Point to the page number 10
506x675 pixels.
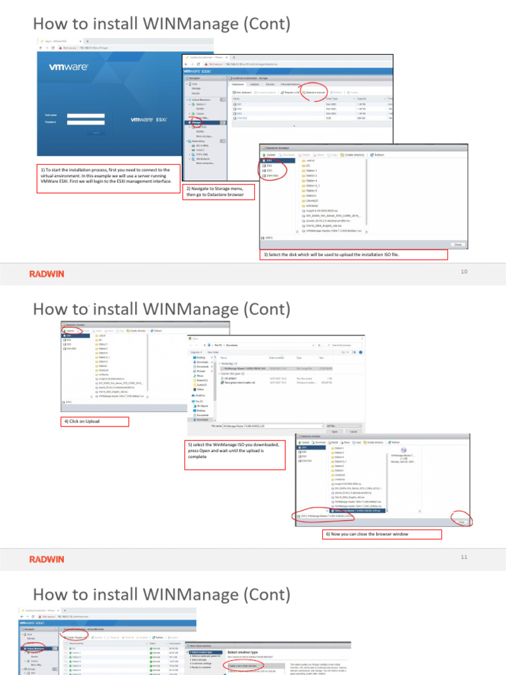[x=463, y=272]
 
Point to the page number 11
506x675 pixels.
[x=463, y=557]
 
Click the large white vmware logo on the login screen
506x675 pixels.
[x=69, y=67]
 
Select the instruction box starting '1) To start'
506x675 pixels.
[x=108, y=175]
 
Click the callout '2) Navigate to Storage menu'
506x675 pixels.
[x=218, y=191]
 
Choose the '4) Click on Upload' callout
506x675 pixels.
[x=95, y=421]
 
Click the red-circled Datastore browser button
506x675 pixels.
[x=315, y=92]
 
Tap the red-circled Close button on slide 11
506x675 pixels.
[x=461, y=521]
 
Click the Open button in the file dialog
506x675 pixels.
[x=335, y=431]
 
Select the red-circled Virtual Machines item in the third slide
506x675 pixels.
[x=31, y=648]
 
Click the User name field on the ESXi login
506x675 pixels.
[x=86, y=115]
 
